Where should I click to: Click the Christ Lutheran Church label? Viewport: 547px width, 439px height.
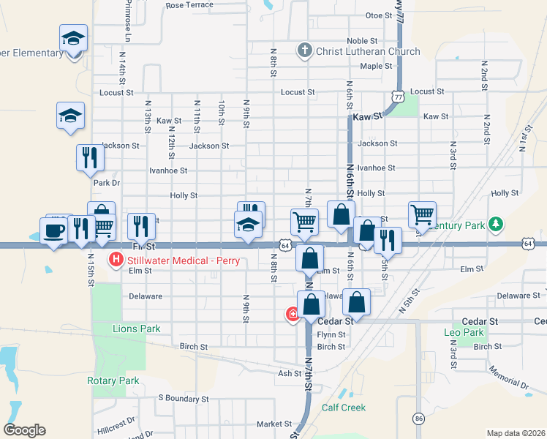point(368,51)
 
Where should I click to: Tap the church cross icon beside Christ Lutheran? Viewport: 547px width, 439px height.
point(305,51)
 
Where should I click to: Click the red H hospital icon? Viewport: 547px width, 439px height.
point(116,258)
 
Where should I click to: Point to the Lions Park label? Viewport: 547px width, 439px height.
point(136,329)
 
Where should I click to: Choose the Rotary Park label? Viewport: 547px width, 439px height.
point(113,380)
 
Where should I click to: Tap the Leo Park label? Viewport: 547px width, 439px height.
point(464,332)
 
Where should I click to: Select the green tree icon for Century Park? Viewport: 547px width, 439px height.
point(496,224)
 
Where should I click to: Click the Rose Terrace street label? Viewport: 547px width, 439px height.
point(189,5)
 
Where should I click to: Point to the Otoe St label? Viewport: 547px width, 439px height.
point(379,15)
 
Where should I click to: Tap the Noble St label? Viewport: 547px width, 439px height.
point(362,41)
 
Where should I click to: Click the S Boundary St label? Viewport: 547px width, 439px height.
point(184,399)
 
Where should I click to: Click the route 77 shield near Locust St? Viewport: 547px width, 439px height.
point(397,96)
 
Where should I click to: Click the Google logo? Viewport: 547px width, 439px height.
point(24,430)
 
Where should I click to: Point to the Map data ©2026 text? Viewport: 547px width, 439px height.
point(516,433)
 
